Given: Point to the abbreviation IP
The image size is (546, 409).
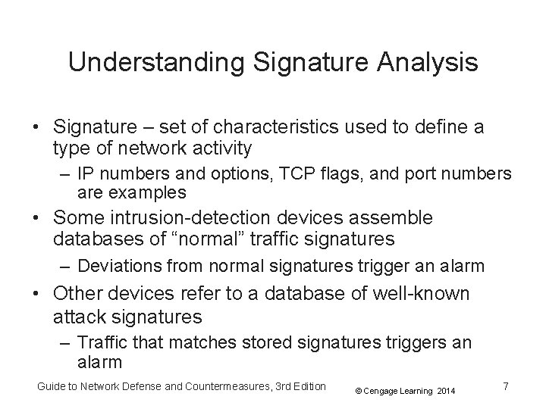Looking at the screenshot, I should [x=87, y=173].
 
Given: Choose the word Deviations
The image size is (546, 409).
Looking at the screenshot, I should [x=115, y=267].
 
